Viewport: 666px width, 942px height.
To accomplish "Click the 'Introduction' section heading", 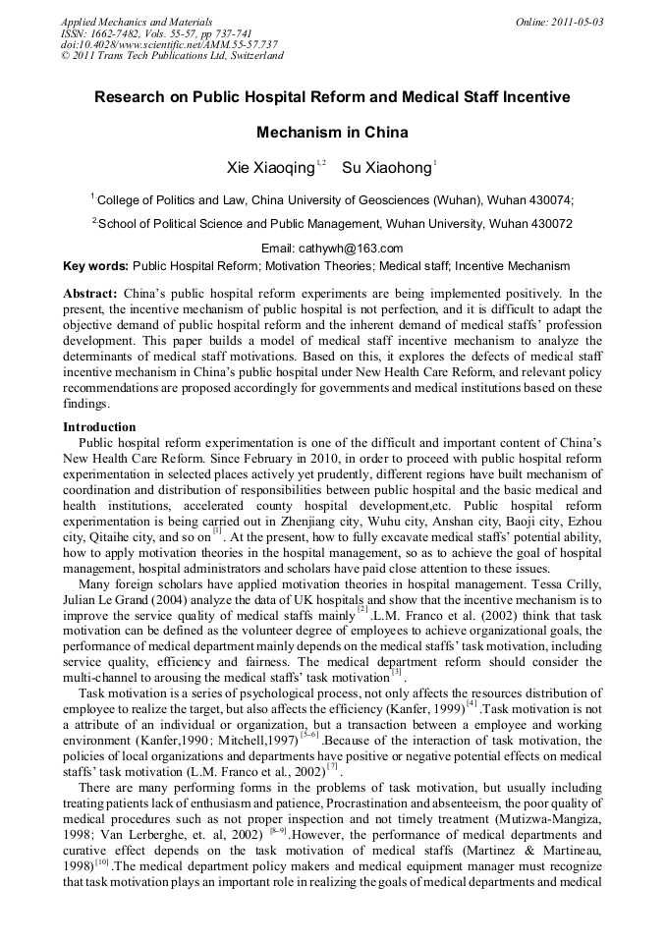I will point(99,427).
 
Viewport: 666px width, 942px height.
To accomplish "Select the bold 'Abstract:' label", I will point(90,294).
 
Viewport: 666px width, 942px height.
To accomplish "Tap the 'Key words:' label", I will point(95,266).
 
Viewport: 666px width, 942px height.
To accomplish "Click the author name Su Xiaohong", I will point(386,168).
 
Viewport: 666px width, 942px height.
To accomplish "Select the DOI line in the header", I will point(169,44).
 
